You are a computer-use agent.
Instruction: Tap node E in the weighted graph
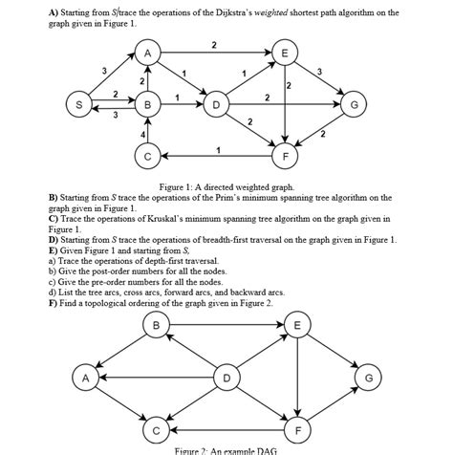[283, 52]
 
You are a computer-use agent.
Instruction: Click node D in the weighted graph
[216, 103]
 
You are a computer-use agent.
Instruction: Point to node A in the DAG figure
[86, 379]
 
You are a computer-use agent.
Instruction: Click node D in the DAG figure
[226, 379]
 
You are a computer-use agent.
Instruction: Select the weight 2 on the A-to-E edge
[213, 45]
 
